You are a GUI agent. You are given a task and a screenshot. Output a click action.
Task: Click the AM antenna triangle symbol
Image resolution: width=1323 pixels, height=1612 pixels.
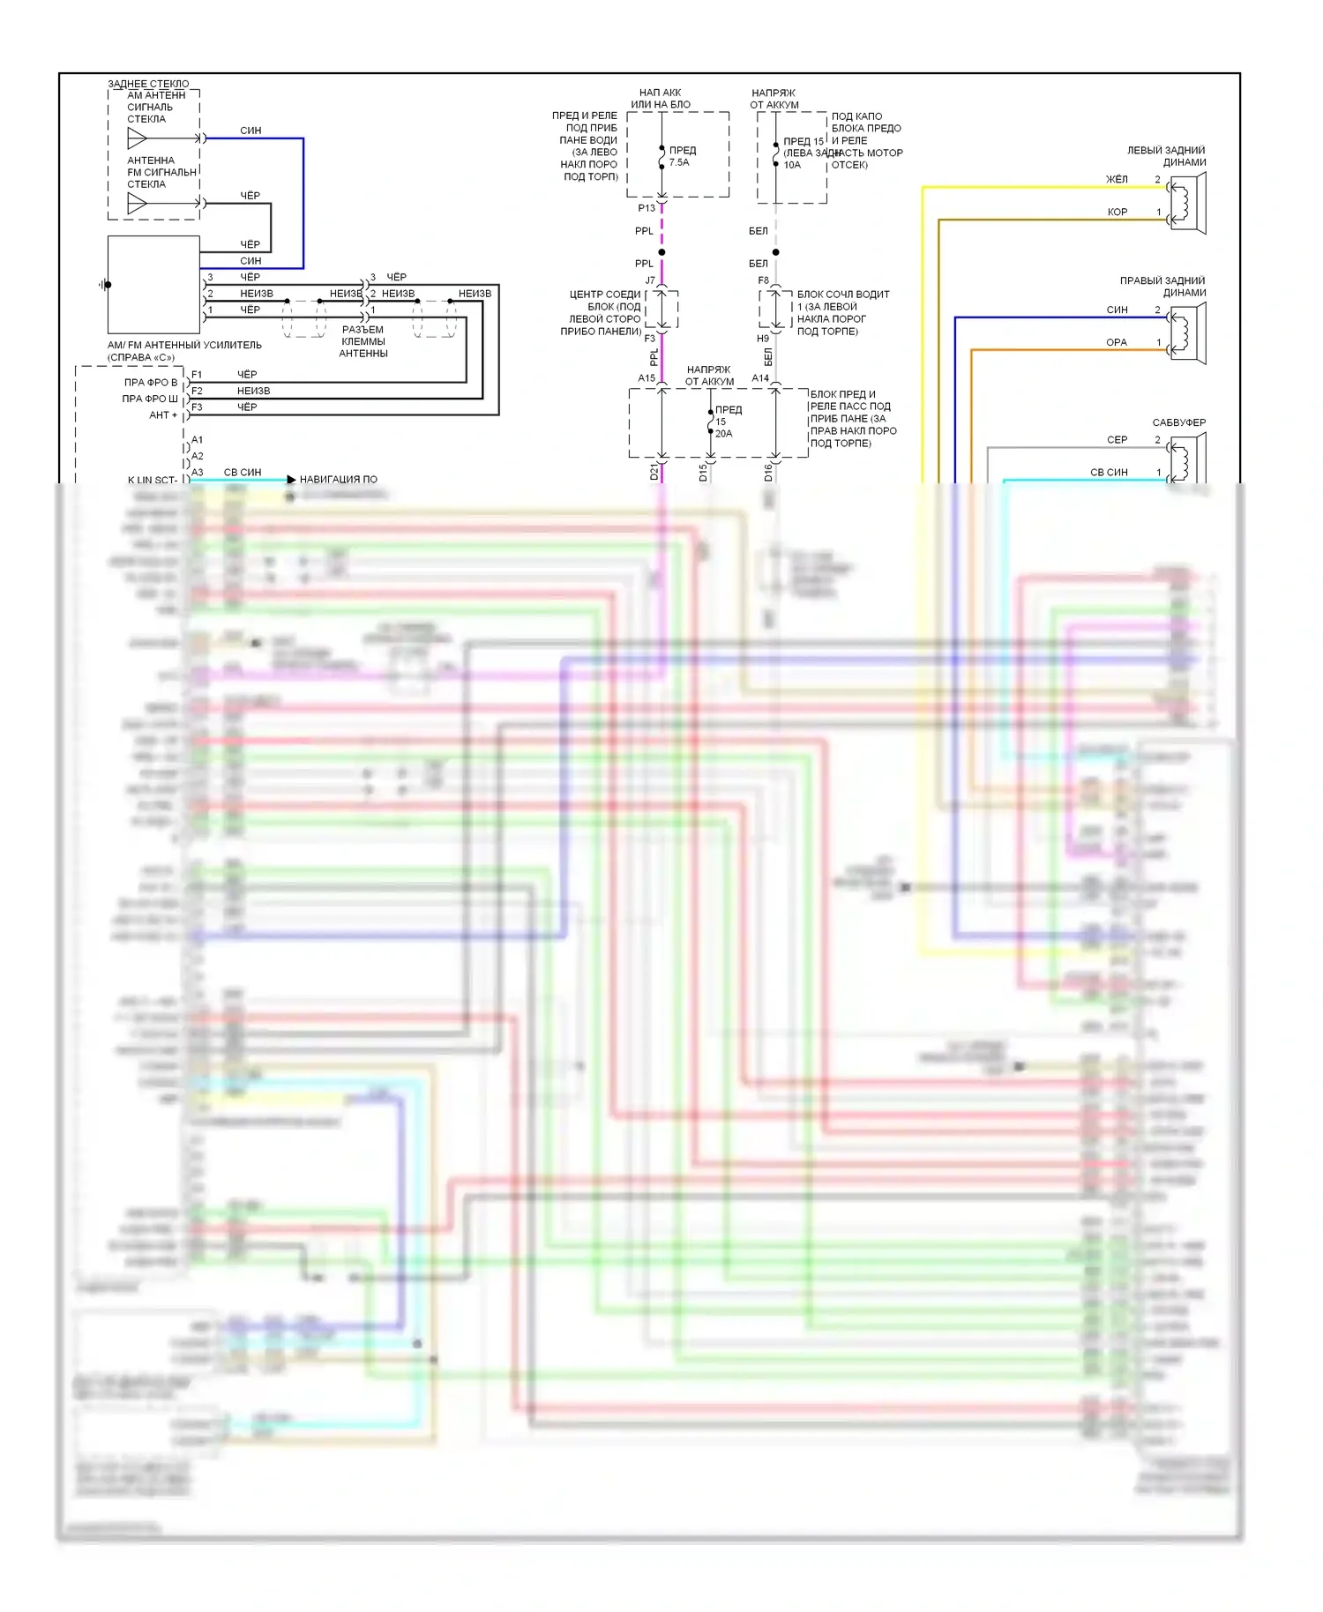coord(137,138)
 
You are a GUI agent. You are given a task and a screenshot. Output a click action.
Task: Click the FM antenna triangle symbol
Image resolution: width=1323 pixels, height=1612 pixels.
coord(137,204)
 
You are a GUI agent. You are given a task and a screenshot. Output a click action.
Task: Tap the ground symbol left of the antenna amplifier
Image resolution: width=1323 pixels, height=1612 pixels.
coord(105,285)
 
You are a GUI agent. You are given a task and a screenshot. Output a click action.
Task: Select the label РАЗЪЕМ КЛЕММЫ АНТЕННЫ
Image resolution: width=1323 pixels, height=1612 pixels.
coord(363,341)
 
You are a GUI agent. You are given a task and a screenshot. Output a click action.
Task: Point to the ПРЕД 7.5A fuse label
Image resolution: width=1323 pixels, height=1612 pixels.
coord(682,156)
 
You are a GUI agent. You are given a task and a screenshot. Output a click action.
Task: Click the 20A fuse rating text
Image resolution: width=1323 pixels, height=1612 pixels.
coord(723,434)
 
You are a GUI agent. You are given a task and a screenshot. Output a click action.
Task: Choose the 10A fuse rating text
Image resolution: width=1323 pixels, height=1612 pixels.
coord(792,165)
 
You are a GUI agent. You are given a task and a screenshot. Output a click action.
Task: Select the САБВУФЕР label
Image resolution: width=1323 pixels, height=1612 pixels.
coord(1178,422)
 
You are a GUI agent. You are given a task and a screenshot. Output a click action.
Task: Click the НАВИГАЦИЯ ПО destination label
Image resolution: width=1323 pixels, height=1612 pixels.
coord(338,480)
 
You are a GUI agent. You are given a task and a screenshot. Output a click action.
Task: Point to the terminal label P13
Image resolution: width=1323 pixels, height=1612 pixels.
coord(647,208)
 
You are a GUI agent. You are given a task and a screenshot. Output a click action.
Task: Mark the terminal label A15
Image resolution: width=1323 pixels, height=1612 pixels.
coord(647,378)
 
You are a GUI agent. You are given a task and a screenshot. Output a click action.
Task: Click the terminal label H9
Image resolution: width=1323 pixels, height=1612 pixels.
coord(763,339)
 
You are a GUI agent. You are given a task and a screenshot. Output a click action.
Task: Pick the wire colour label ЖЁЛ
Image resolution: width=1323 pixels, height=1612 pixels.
coord(1117,180)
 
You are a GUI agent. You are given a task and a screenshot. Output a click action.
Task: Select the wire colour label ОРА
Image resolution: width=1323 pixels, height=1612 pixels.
coord(1117,343)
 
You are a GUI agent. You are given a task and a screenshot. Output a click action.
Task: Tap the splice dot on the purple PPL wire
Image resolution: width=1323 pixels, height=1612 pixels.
coord(661,252)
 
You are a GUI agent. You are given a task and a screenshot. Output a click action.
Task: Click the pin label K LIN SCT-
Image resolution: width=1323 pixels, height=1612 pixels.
coord(153,481)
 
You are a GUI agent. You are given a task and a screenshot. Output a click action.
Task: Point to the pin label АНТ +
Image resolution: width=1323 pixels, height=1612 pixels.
coord(163,415)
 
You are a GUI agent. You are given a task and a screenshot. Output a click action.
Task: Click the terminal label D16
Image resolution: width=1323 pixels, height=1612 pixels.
coord(768,473)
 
